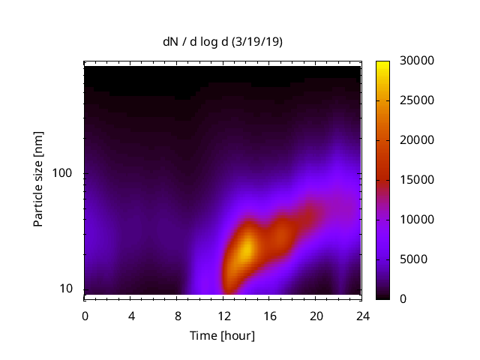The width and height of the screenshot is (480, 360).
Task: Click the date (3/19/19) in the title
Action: pyautogui.click(x=257, y=43)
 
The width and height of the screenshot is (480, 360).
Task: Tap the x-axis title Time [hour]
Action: pyautogui.click(x=221, y=335)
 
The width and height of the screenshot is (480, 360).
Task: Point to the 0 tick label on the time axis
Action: pyautogui.click(x=85, y=315)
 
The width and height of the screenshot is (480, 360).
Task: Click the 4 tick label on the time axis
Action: pyautogui.click(x=131, y=315)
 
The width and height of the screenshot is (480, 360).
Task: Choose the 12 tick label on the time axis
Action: pyautogui.click(x=223, y=315)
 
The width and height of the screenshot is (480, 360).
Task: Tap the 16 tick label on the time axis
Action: pyautogui.click(x=270, y=315)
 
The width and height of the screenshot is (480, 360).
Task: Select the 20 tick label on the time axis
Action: pyautogui.click(x=316, y=315)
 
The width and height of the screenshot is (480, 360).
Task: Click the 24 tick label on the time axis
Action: pyautogui.click(x=362, y=315)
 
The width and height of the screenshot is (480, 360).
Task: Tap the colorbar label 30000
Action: pyautogui.click(x=416, y=61)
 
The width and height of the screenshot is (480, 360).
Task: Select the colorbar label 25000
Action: pyautogui.click(x=416, y=100)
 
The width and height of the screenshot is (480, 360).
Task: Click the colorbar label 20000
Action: pyautogui.click(x=416, y=140)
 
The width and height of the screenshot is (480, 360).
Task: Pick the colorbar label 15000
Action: pyautogui.click(x=416, y=180)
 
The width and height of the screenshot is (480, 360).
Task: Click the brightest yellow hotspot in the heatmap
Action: pyautogui.click(x=244, y=250)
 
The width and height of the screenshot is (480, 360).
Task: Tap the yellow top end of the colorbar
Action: pyautogui.click(x=382, y=64)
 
